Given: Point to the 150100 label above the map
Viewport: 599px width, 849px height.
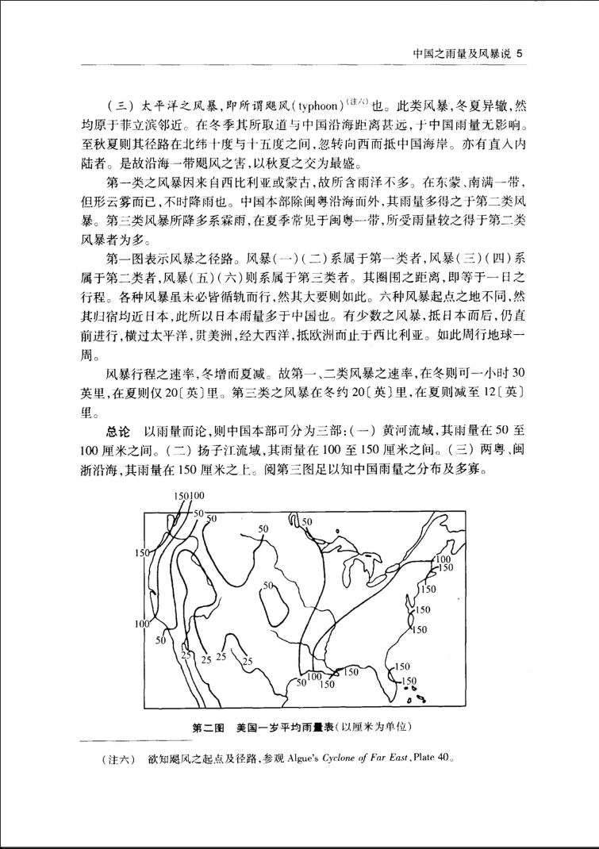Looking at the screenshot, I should tap(189, 497).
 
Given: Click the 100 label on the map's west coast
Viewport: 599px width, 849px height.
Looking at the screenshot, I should tap(142, 624).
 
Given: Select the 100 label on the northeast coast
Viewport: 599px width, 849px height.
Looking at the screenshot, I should tap(443, 560).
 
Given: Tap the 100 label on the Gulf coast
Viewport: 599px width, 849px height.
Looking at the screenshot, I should tap(314, 676).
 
